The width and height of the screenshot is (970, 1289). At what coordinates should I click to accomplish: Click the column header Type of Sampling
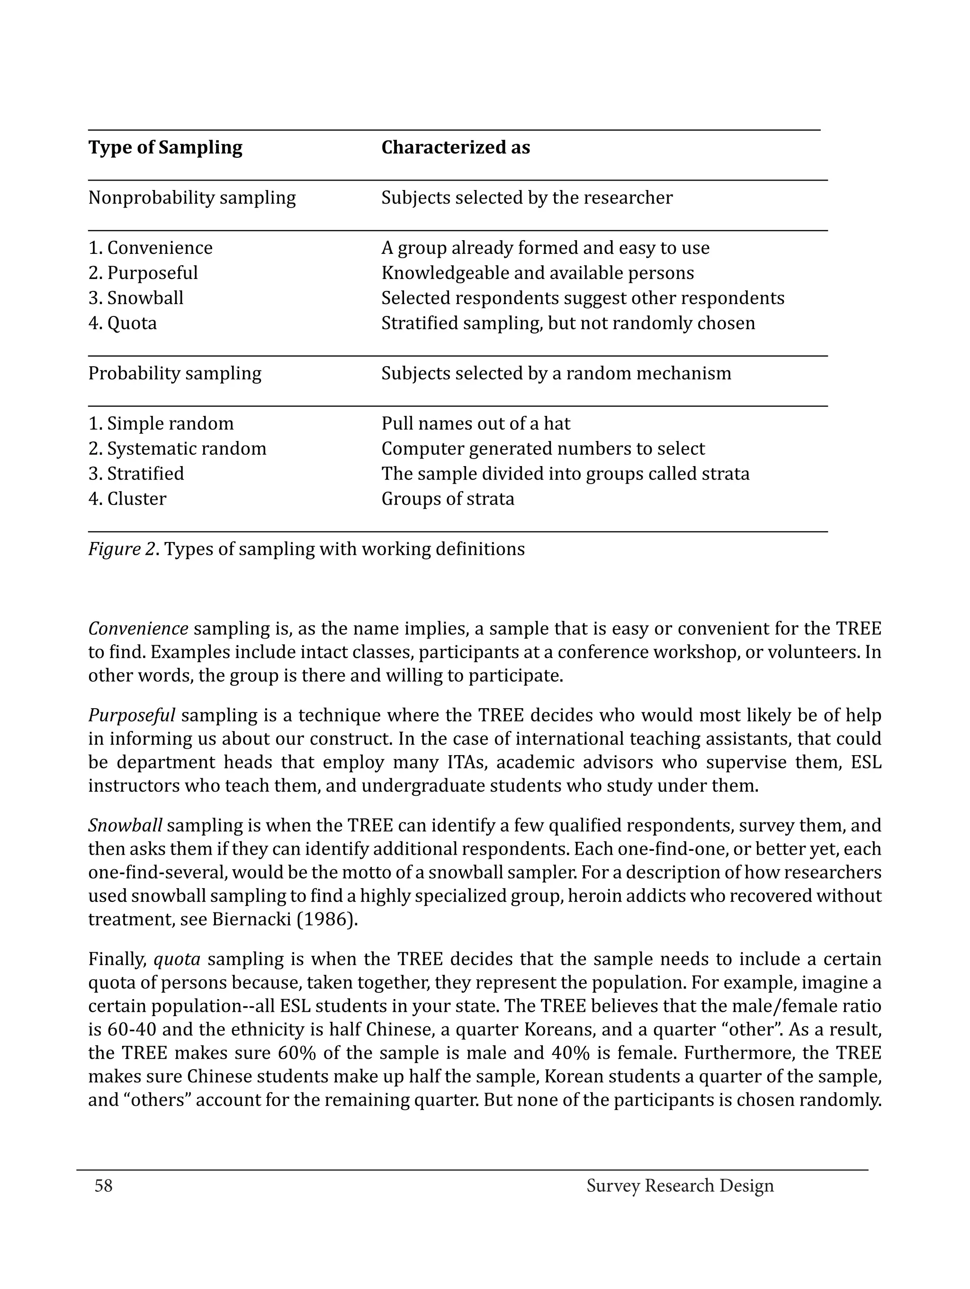165,147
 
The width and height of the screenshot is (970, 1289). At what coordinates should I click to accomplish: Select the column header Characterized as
456,147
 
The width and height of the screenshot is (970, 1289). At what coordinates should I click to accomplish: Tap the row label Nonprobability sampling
192,198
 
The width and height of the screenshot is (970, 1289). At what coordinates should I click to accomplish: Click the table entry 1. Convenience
150,248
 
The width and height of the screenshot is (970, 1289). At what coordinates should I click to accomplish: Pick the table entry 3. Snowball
136,298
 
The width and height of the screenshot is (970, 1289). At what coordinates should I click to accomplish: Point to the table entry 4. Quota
122,323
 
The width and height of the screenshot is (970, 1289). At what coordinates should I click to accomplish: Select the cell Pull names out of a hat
476,423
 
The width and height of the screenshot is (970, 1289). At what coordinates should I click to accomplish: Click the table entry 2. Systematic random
177,448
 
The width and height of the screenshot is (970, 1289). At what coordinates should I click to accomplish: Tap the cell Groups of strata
448,499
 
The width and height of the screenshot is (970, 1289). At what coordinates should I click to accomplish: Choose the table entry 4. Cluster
127,499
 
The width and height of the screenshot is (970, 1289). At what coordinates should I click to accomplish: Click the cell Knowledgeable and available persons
537,273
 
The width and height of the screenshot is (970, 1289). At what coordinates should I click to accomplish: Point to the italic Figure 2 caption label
122,549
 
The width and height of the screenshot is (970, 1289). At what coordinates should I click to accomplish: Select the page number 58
104,1185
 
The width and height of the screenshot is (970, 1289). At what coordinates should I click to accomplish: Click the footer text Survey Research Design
680,1185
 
